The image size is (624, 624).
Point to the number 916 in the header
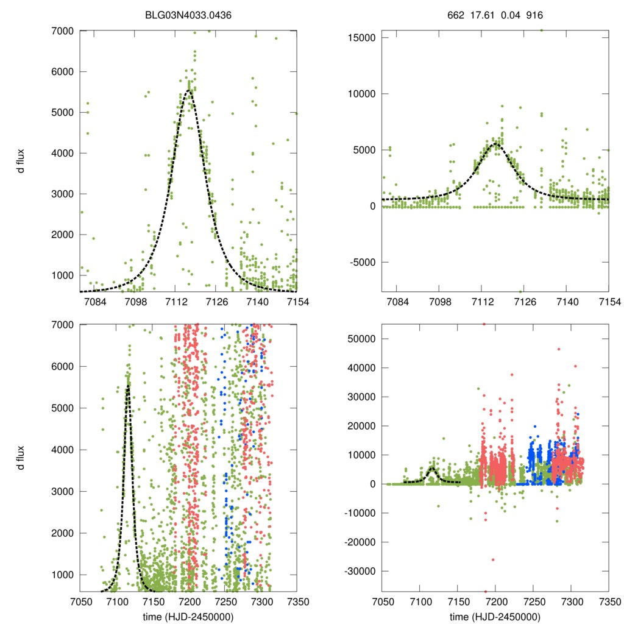534,15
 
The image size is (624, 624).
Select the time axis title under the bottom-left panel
189,617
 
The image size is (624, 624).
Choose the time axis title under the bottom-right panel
495,617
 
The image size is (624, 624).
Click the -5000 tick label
360,263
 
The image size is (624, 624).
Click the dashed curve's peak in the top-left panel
189,90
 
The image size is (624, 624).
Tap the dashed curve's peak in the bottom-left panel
128,386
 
